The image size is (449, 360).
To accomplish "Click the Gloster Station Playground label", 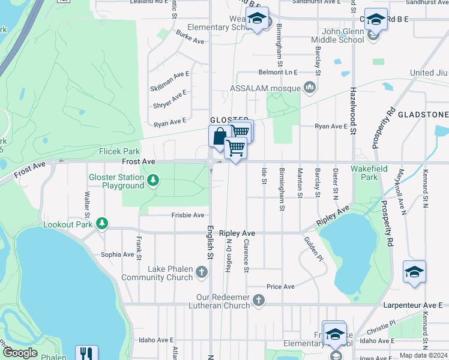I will tap(116, 181).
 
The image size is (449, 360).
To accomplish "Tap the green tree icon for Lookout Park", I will tap(103, 224).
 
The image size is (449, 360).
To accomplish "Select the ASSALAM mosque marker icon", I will tap(310, 88).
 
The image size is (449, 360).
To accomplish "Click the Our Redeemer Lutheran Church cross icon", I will tap(259, 300).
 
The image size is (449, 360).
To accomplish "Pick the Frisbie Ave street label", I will tap(188, 215).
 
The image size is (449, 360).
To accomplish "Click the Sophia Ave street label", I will tap(117, 254).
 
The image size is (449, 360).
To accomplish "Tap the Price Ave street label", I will tap(280, 287).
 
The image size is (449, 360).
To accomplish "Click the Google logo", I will tap(20, 353).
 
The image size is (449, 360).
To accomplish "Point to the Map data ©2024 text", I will tap(423, 355).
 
